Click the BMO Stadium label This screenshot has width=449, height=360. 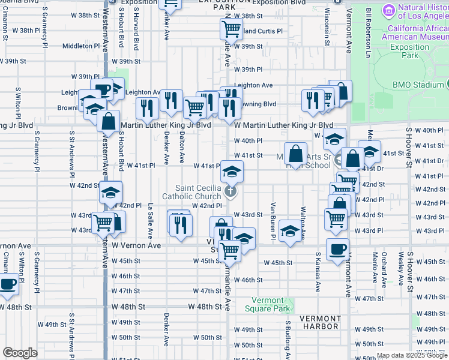coord(418,85)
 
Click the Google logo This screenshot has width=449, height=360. coord(20,353)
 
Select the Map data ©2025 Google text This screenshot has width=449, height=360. coord(412,355)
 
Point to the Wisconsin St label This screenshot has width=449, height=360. coord(327,27)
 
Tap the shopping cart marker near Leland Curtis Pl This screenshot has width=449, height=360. coord(231,28)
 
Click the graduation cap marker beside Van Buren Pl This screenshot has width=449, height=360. coord(290,231)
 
